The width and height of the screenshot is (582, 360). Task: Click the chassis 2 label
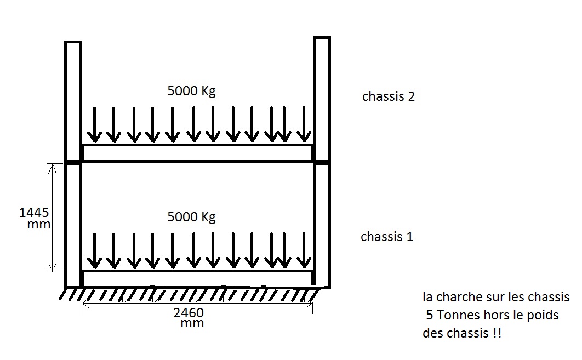[388, 97]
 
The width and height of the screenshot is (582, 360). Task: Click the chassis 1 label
[386, 237]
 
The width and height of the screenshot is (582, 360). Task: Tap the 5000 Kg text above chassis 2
[191, 91]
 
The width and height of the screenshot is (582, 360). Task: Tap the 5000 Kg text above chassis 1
[191, 217]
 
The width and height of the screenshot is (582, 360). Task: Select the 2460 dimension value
[189, 313]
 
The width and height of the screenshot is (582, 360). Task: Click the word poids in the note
[542, 315]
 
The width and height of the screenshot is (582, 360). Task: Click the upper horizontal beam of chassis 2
[197, 153]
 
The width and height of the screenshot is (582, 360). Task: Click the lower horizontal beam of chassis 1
[197, 278]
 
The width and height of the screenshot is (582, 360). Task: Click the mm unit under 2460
[192, 323]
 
